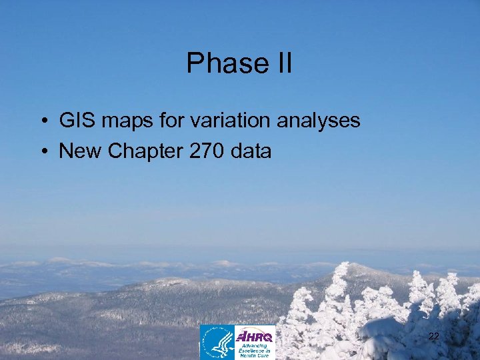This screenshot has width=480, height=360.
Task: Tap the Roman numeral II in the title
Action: click(281, 63)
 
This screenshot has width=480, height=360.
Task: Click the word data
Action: click(251, 151)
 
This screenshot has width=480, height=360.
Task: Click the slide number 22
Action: click(433, 337)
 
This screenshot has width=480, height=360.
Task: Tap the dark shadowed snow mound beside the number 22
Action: click(400, 333)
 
